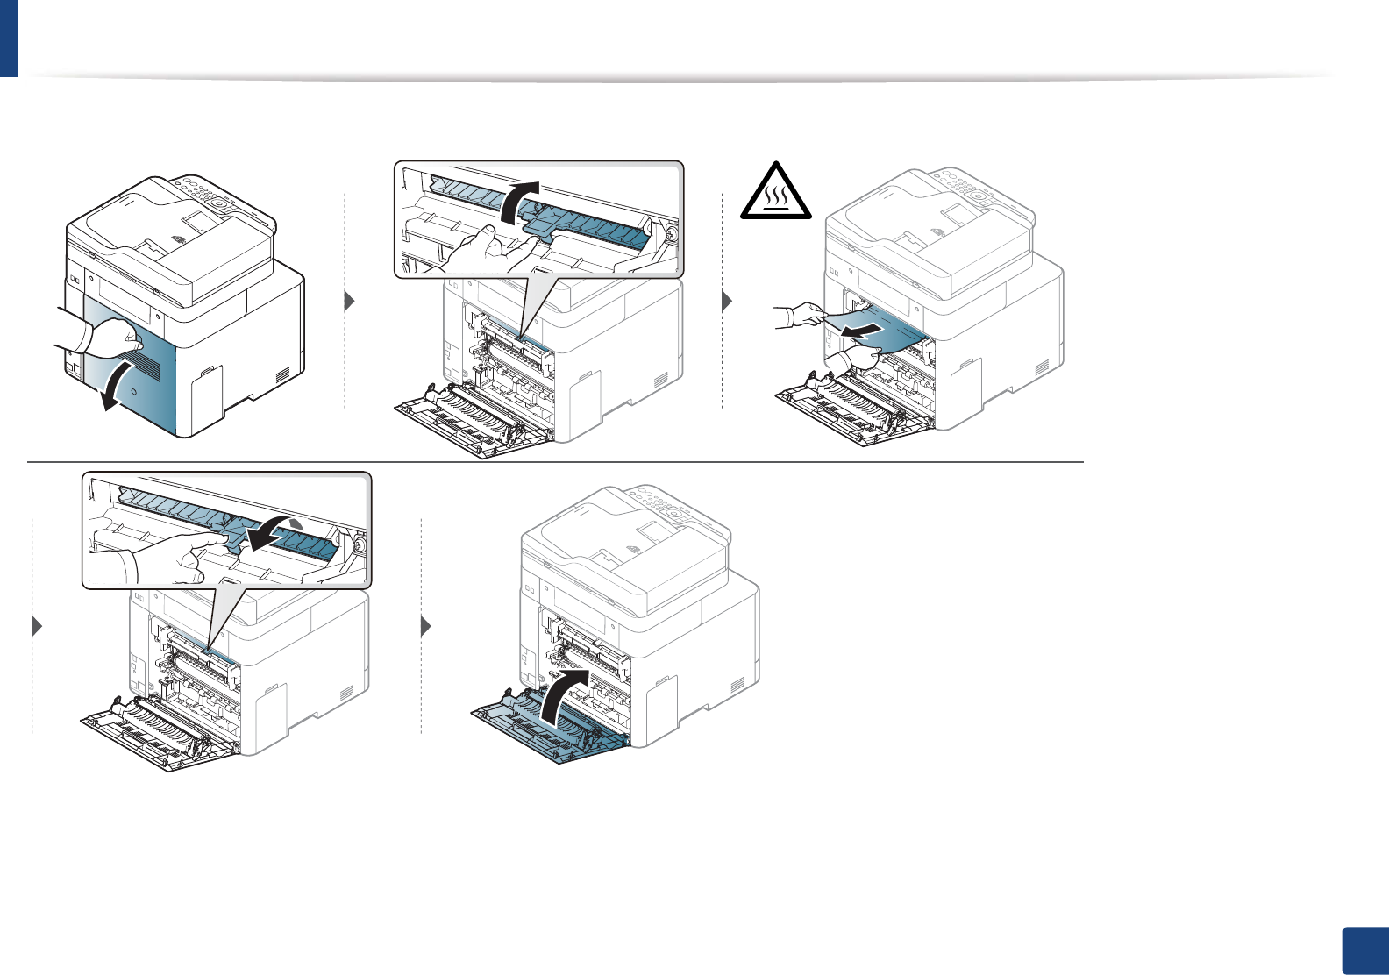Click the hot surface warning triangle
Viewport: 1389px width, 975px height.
(776, 192)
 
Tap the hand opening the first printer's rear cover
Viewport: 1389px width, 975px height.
(110, 337)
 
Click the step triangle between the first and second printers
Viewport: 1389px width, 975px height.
(349, 302)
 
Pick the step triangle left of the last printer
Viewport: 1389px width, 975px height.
(426, 627)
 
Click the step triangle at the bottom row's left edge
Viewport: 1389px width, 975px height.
(37, 627)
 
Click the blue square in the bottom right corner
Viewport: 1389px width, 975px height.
(1364, 950)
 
